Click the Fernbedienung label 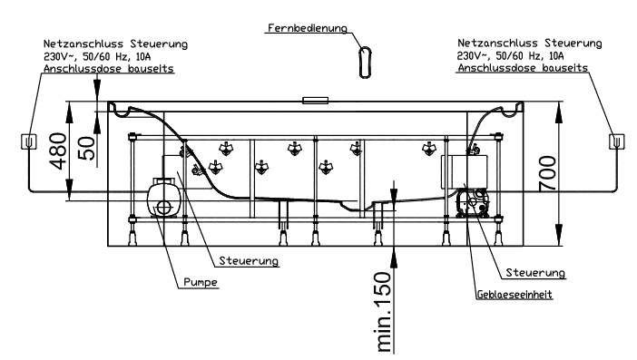308,28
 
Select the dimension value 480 58,151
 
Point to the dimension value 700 548,173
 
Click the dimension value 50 86,148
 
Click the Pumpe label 201,282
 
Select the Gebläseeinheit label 514,294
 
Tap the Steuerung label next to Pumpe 249,260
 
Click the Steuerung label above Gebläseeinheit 535,273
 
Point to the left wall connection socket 28,141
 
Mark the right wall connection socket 616,141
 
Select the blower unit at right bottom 473,203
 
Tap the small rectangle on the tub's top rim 315,101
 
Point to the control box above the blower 465,171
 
